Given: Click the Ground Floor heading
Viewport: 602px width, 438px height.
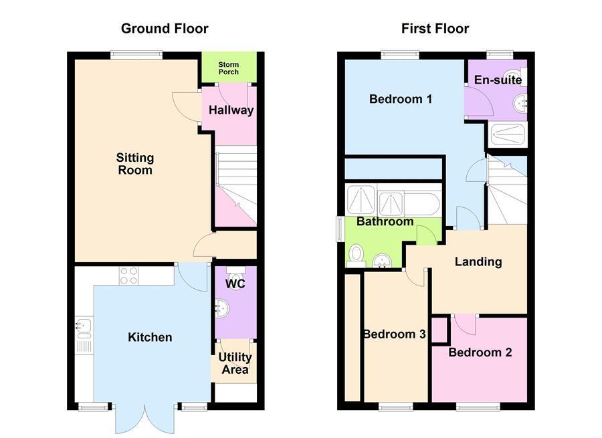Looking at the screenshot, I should [164, 29].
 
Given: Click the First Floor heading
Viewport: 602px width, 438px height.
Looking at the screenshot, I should [435, 29].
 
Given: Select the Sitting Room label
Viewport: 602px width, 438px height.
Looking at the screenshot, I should [135, 164].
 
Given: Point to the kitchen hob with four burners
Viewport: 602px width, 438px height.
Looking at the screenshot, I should [128, 276].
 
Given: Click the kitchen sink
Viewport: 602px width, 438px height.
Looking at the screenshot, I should [84, 327].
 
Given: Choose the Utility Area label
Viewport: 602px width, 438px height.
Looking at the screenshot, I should [235, 363].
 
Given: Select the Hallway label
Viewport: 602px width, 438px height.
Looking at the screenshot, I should [231, 110].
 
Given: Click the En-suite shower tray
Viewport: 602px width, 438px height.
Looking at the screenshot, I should [508, 134].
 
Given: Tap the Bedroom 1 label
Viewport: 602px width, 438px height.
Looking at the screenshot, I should [401, 100].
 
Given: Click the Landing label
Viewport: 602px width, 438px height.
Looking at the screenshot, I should [478, 261].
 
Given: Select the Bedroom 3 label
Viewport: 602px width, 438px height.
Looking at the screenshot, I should [394, 334].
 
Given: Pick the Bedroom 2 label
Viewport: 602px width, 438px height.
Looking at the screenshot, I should [480, 352].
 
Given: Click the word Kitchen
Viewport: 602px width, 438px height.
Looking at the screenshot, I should [150, 337].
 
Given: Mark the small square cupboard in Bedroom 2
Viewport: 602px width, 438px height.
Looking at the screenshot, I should [439, 330].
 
